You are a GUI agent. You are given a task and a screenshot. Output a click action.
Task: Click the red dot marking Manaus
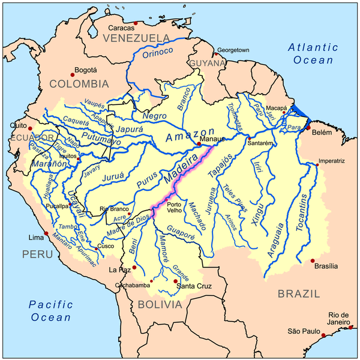pyautogui.click(x=199, y=144)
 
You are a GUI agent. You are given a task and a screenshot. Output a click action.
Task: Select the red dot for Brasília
pyautogui.click(x=313, y=260)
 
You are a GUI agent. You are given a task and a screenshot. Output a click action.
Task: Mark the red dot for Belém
pyautogui.click(x=308, y=128)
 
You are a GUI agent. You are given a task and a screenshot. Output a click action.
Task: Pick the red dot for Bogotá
pyautogui.click(x=73, y=74)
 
